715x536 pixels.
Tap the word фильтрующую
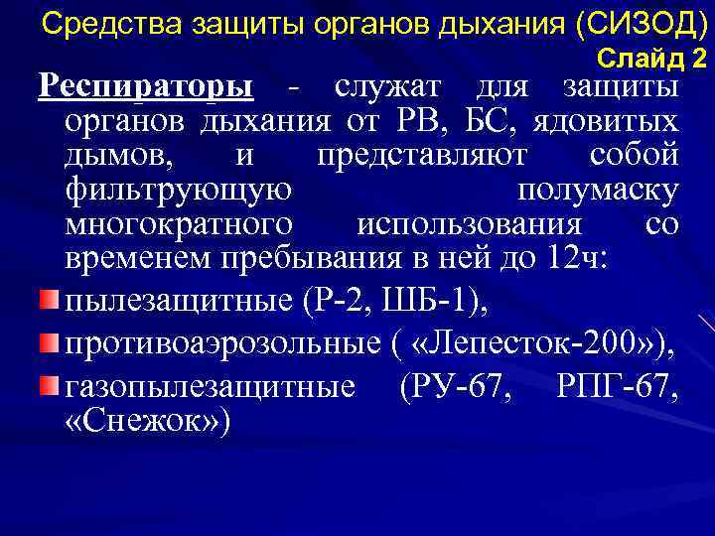[178, 190]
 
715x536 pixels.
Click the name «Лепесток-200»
[536, 343]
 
